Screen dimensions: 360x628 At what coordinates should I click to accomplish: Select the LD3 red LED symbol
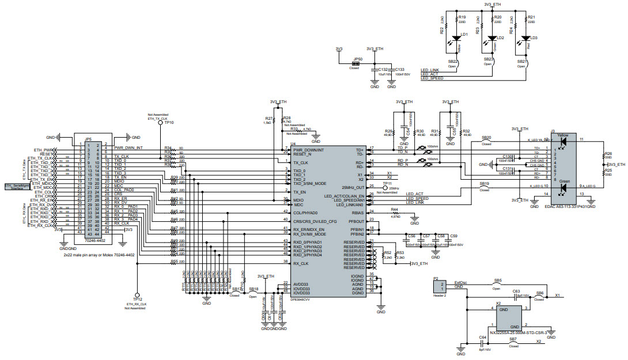click(x=525, y=41)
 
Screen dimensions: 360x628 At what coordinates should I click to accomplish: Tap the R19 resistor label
click(x=462, y=17)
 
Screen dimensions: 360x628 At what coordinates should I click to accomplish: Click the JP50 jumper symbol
click(x=358, y=63)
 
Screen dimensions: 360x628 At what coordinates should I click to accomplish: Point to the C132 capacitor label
click(x=383, y=69)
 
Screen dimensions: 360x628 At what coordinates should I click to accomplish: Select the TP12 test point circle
click(x=137, y=293)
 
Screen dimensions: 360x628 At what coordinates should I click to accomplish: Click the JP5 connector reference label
click(x=88, y=139)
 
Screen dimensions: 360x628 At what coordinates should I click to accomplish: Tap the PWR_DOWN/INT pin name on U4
click(x=309, y=150)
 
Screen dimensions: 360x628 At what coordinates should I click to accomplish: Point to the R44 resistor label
click(x=395, y=209)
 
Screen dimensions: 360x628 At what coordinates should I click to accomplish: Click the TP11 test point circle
click(x=385, y=187)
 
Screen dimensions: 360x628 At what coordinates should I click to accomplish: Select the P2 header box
click(x=439, y=286)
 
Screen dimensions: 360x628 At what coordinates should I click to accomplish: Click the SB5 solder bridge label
click(x=498, y=281)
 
